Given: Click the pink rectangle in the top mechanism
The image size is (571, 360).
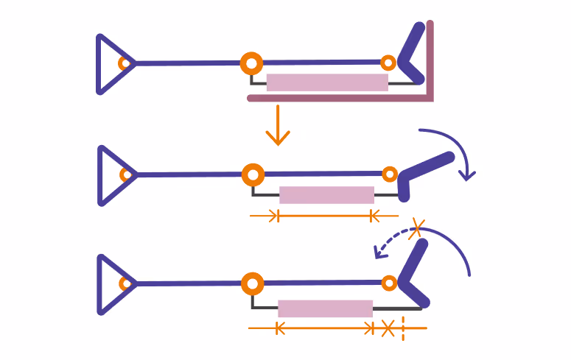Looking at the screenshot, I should pos(327,82).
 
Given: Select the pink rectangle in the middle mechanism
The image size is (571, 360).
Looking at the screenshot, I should pos(326,195).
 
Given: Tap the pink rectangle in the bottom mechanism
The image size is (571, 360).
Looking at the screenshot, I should pos(325,308).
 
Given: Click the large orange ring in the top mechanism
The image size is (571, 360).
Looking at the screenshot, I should pos(251,63).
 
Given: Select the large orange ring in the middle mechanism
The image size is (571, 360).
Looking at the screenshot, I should pos(253,175).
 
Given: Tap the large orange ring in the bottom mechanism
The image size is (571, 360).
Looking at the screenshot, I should pos(252,283).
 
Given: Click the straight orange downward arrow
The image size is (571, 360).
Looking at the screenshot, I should pos(278,125).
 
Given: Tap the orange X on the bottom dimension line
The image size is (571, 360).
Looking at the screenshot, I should pos(388,328).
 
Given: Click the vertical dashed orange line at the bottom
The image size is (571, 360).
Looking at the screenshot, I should pos(403,328).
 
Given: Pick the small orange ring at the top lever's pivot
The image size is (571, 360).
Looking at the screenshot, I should pos(388,63).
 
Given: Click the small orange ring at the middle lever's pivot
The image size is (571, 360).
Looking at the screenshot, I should pos(390,174).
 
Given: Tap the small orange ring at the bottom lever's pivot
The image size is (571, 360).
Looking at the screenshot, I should pos(389,283).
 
